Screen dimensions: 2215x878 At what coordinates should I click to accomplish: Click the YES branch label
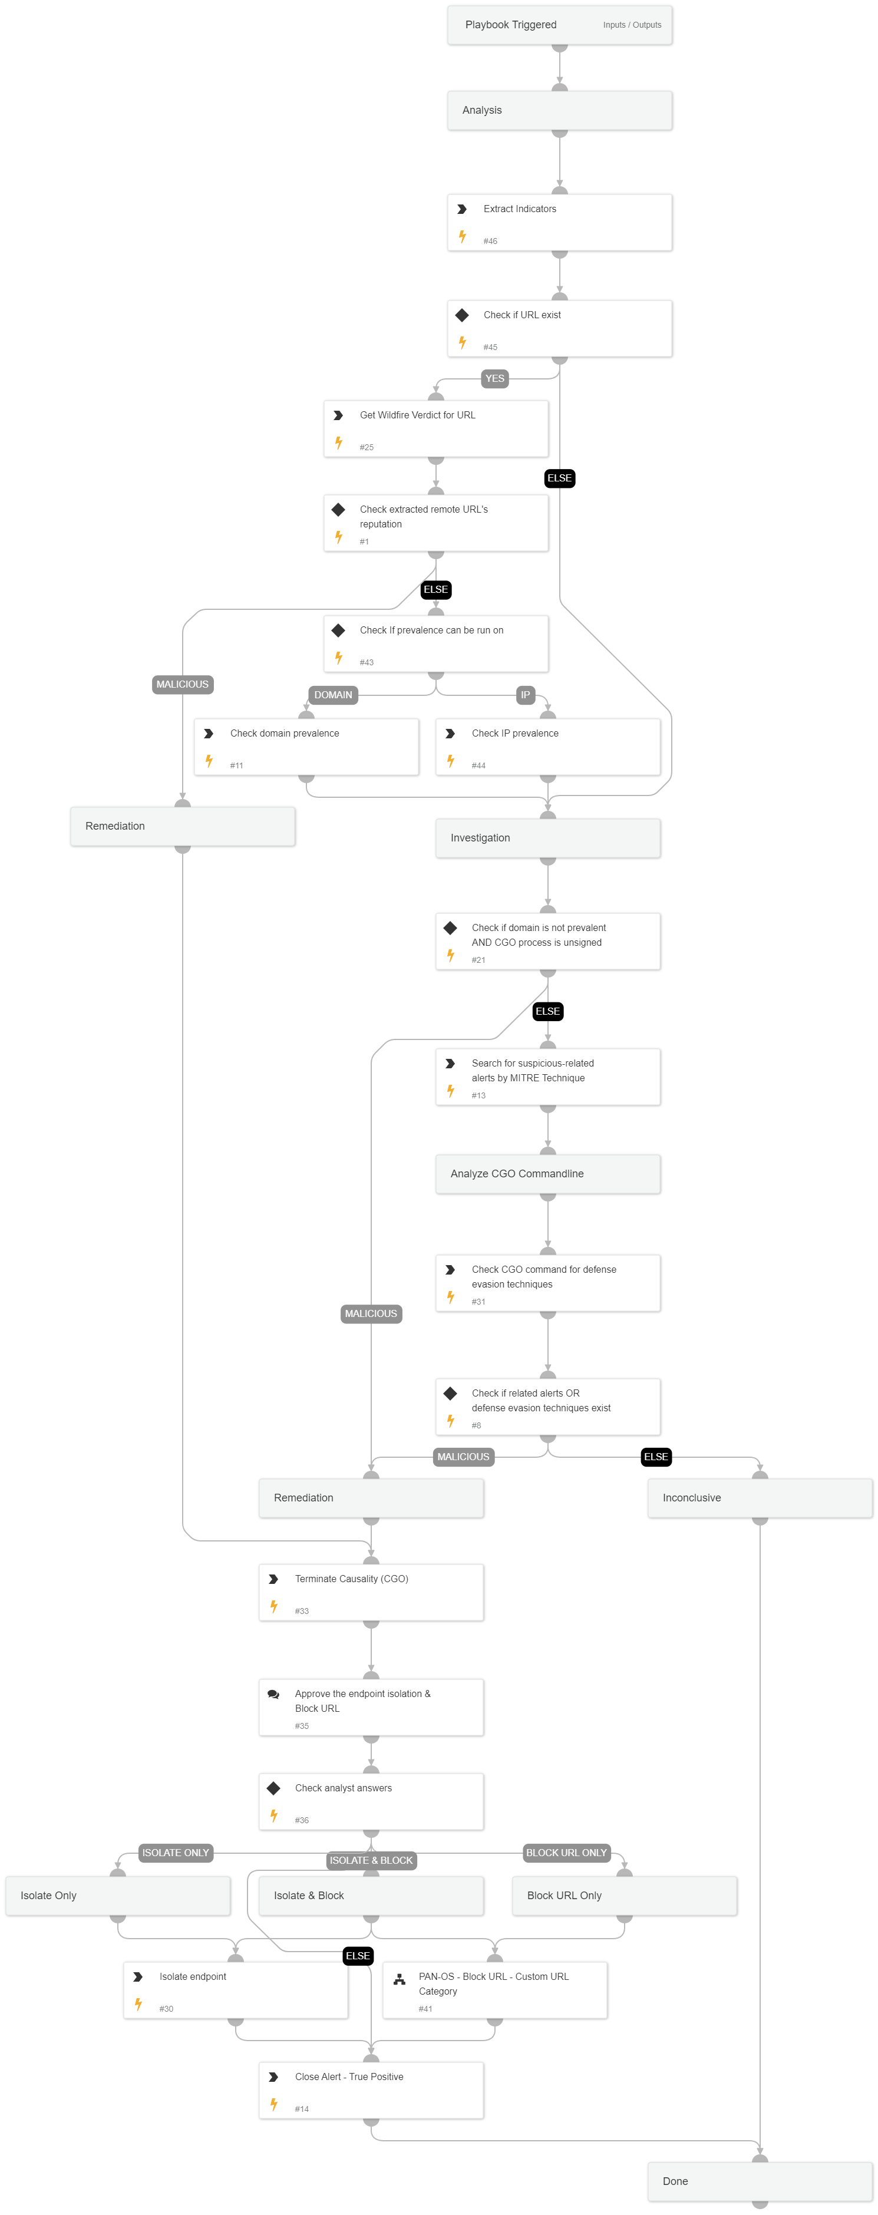[494, 378]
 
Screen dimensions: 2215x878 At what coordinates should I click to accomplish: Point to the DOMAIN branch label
[333, 695]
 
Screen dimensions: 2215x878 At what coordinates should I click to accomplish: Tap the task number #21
[478, 960]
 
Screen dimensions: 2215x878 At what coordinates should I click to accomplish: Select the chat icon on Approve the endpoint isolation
[273, 1694]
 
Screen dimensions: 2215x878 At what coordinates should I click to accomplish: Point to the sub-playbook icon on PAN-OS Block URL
[399, 1979]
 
